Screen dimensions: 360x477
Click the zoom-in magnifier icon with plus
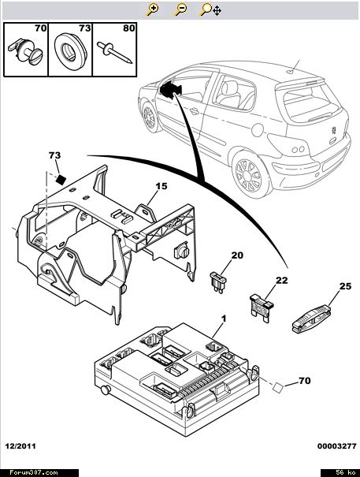[x=152, y=9]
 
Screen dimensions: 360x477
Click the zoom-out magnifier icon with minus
[x=180, y=9]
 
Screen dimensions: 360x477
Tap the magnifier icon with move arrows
[x=210, y=9]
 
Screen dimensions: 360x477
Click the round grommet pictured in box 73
[x=71, y=50]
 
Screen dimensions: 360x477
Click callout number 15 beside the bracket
[x=161, y=186]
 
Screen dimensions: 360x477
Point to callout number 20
[x=237, y=255]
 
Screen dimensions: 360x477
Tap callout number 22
[x=281, y=280]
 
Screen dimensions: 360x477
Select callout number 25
[x=345, y=286]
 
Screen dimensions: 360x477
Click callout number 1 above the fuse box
[x=224, y=319]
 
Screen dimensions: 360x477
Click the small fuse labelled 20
[x=218, y=282]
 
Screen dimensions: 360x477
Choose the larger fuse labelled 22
[x=262, y=307]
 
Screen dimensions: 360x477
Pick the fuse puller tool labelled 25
[x=310, y=319]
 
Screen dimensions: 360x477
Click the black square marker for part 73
[x=61, y=180]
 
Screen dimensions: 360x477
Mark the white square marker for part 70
[x=278, y=387]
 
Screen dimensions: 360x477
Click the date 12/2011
[x=20, y=446]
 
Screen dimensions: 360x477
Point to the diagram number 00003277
[x=337, y=446]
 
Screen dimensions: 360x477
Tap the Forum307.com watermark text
[x=34, y=472]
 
